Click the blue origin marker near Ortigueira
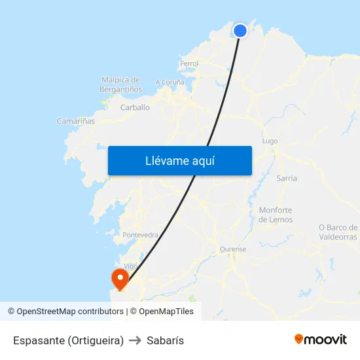click(x=240, y=30)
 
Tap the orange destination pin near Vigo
click(x=120, y=278)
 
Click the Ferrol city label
click(x=189, y=63)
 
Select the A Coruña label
click(x=170, y=82)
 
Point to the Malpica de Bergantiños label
click(x=121, y=84)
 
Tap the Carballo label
click(x=135, y=107)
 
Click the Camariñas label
click(x=76, y=121)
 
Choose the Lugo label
click(x=270, y=141)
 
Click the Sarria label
click(x=287, y=178)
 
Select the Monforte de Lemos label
click(x=276, y=215)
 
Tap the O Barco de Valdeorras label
click(x=338, y=232)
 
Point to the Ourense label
click(x=232, y=249)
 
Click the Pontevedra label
click(x=140, y=234)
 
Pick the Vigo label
click(x=131, y=266)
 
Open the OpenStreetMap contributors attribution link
click(x=70, y=312)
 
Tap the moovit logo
click(x=321, y=339)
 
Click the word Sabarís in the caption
click(x=166, y=340)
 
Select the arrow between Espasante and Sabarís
click(x=135, y=340)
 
